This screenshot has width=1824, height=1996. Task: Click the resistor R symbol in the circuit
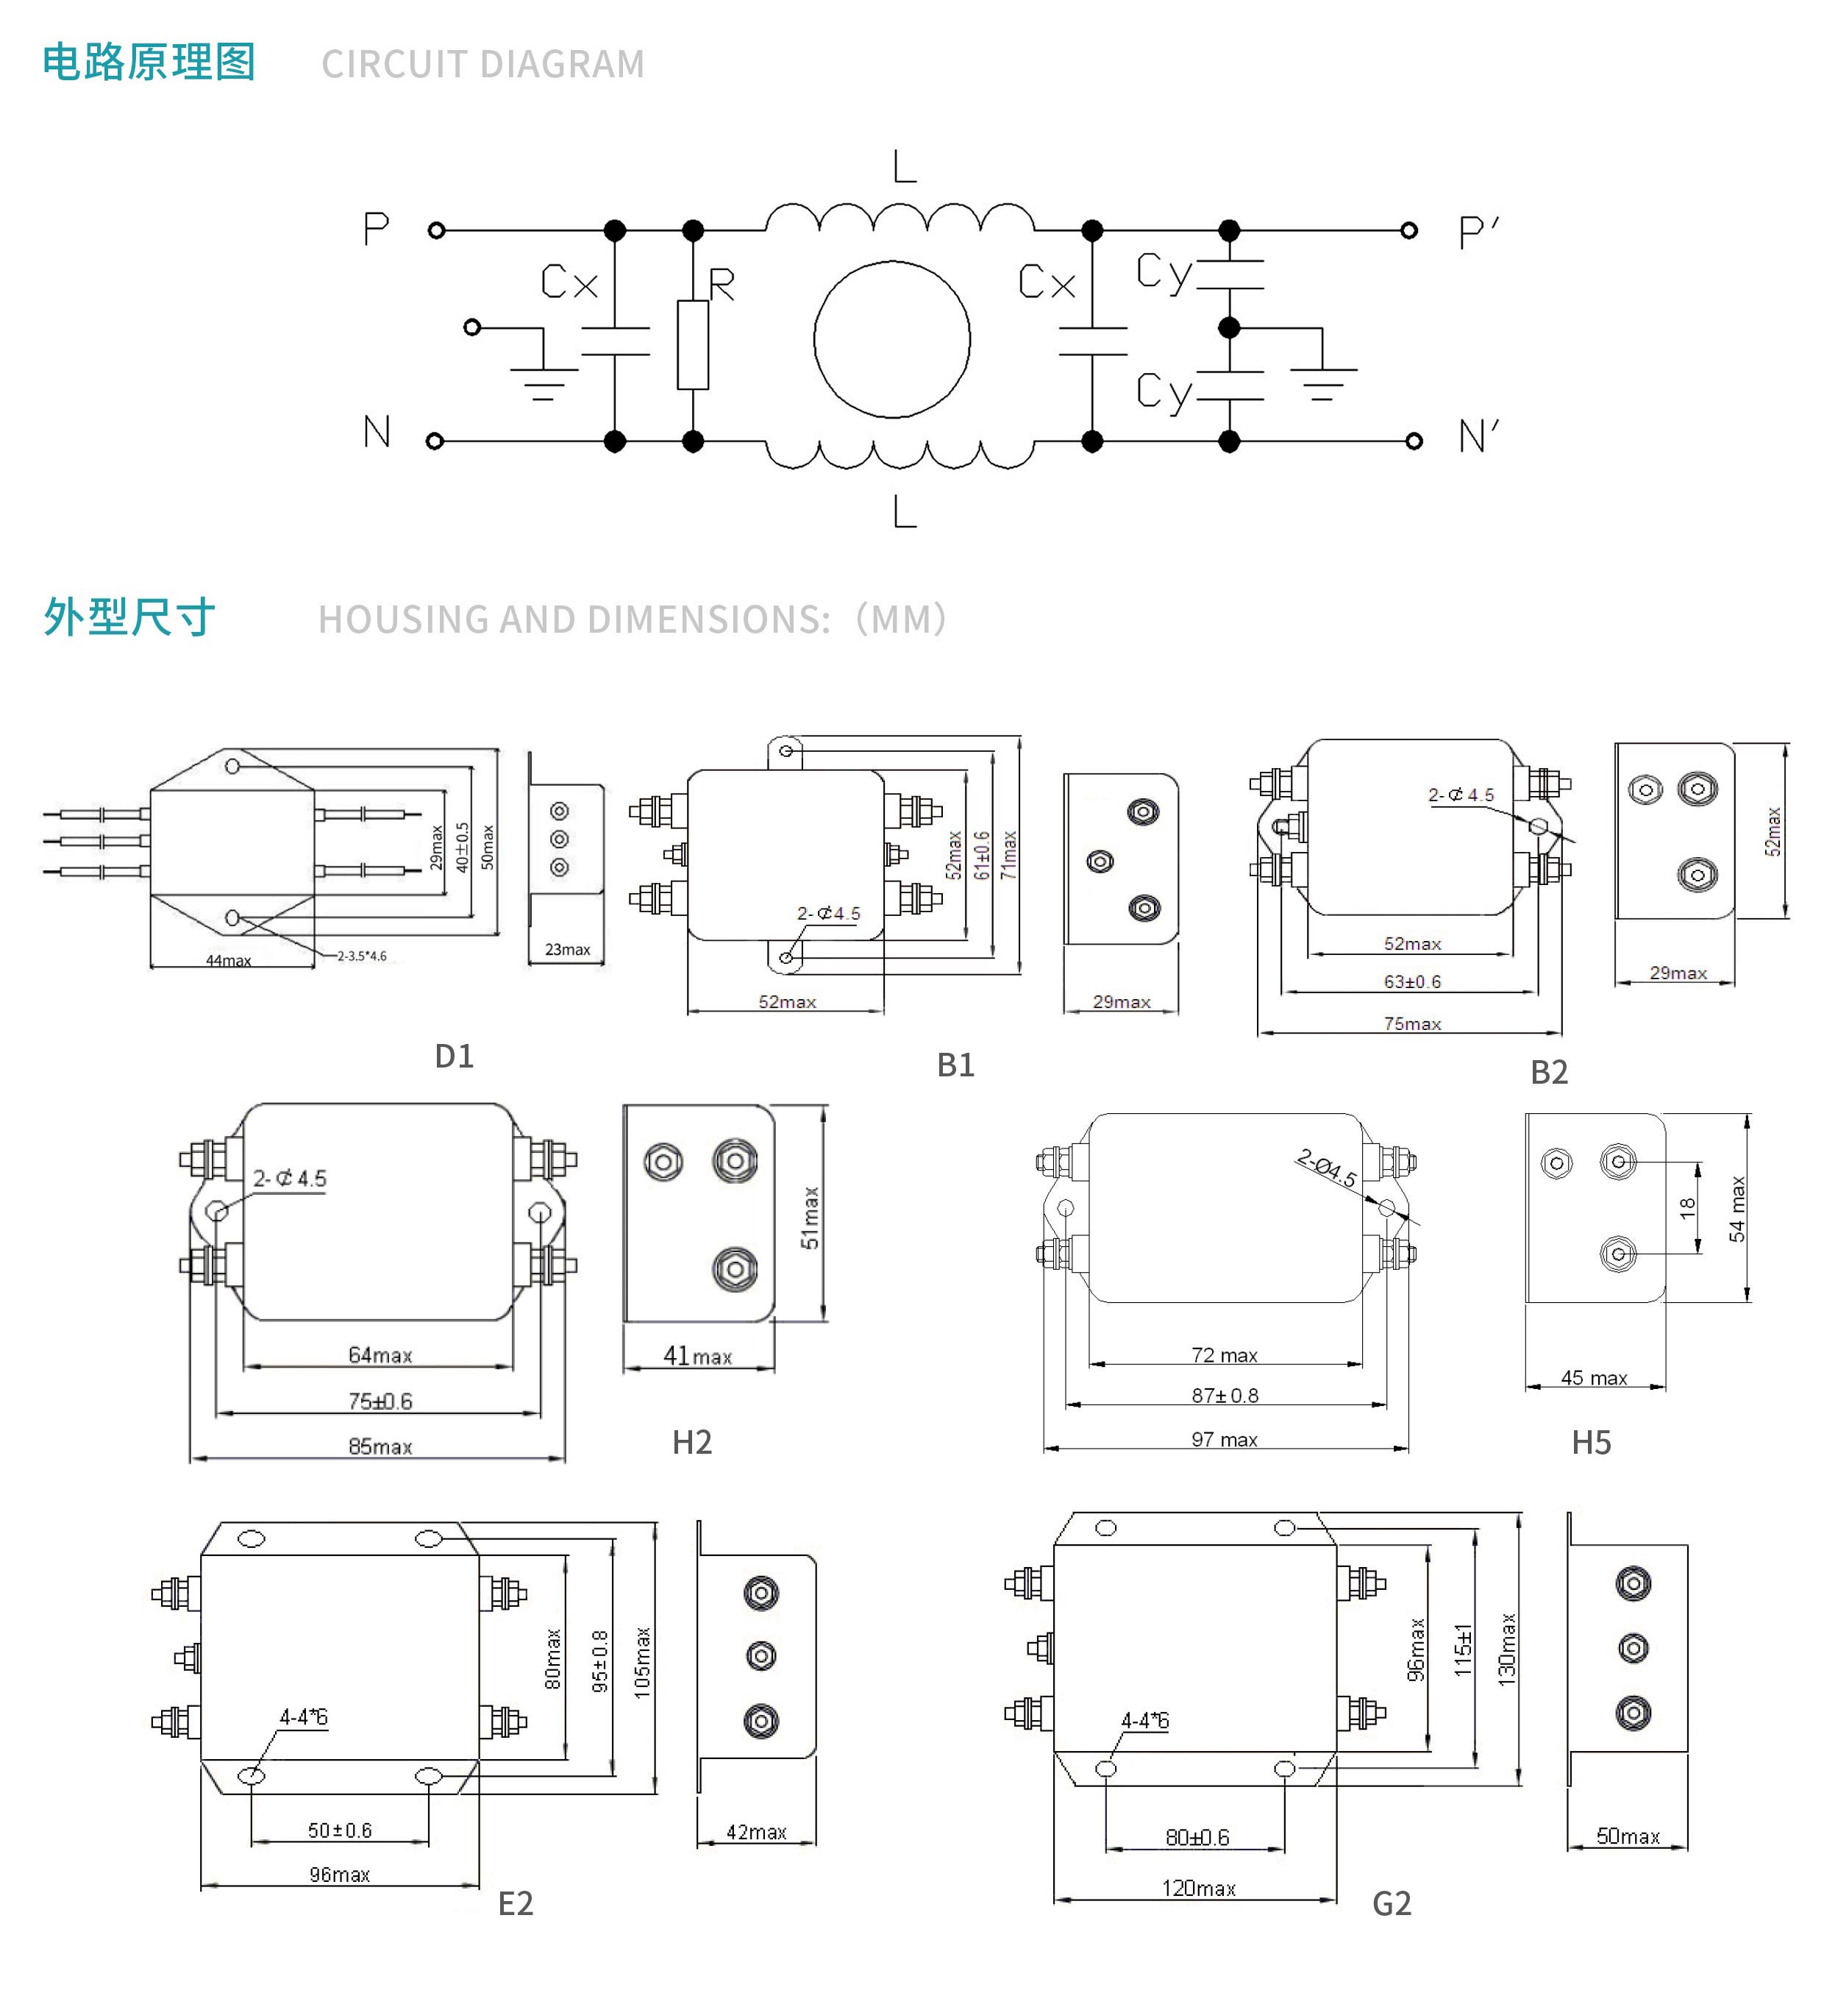693,344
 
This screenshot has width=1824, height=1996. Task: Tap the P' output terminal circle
1409,231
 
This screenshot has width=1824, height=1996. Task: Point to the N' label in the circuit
1478,436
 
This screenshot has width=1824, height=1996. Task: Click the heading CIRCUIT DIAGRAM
483,64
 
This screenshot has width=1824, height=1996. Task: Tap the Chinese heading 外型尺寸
129,617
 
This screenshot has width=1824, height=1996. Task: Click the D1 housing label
455,1056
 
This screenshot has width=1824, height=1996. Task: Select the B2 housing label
1549,1072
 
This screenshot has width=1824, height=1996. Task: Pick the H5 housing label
1592,1443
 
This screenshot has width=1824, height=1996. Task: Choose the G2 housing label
1392,1904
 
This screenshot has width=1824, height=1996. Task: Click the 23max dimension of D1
567,950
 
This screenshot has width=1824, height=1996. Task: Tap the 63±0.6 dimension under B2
1412,982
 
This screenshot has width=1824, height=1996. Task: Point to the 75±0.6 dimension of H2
380,1401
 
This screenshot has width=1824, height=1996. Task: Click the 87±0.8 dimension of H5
1225,1396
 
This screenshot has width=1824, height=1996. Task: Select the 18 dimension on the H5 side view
1687,1207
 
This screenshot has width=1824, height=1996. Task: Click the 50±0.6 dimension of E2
340,1830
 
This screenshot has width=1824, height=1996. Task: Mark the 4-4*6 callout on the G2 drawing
1144,1721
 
